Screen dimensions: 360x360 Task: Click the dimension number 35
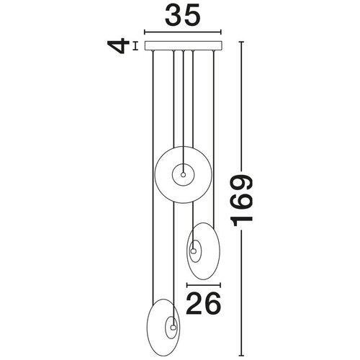point(182,15)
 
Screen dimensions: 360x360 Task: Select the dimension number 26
point(203,303)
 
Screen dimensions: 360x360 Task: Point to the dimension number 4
point(117,45)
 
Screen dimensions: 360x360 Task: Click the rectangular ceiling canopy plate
point(184,46)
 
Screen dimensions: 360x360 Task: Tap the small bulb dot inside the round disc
point(183,175)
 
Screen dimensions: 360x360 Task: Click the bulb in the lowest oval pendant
point(173,327)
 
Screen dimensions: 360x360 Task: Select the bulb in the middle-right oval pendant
point(193,251)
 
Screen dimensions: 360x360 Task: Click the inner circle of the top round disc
point(183,164)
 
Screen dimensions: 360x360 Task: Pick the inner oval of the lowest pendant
point(166,328)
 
